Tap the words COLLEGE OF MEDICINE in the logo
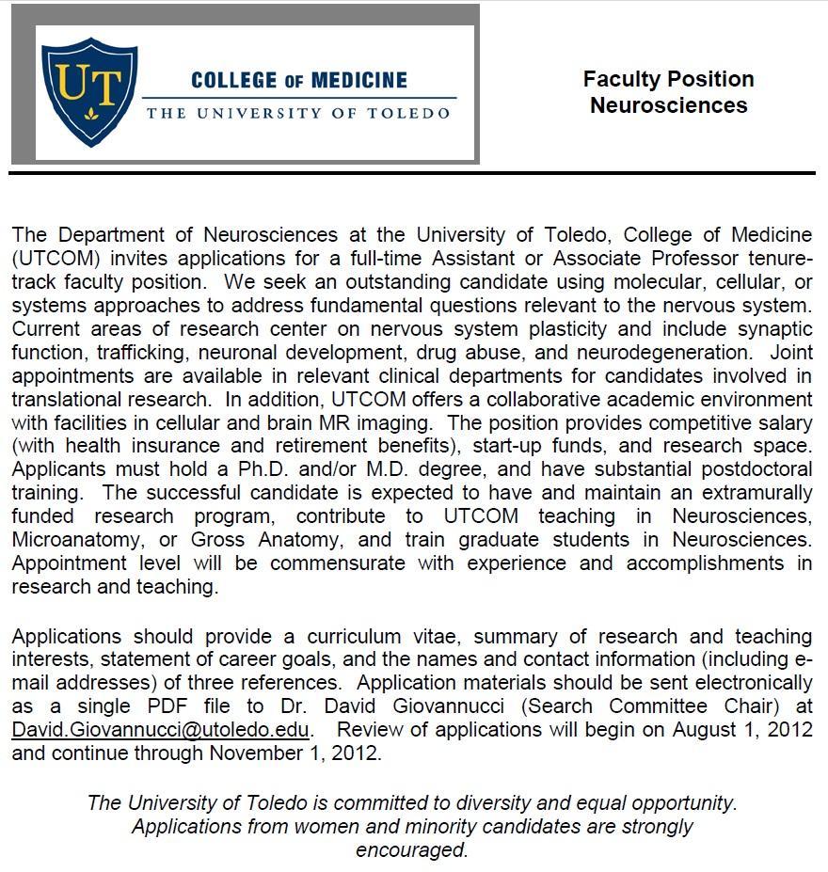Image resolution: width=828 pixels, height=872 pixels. tap(299, 80)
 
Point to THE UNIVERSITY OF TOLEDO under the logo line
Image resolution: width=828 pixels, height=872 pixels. tap(298, 113)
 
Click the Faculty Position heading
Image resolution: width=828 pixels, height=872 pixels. tap(668, 79)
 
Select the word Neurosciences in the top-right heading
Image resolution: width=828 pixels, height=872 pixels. tap(668, 105)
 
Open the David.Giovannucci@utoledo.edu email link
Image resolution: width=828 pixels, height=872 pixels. tap(161, 729)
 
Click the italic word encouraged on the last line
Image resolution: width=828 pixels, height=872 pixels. tap(412, 850)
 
